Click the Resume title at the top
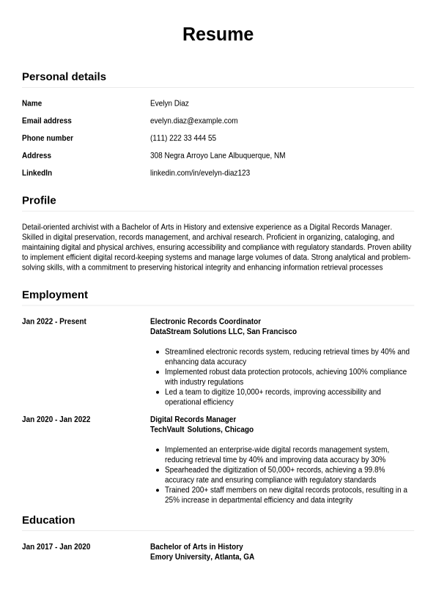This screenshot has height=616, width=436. [218, 34]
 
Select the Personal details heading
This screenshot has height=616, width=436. [64, 76]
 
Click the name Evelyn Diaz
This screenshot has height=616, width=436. [169, 103]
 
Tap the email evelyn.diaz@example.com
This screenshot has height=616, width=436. [193, 121]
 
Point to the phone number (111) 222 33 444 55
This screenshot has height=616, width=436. [183, 138]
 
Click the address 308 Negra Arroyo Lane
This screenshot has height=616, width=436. [218, 156]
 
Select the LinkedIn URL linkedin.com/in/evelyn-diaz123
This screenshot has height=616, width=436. [200, 173]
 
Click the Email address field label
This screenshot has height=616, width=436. [47, 121]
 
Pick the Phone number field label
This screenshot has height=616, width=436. [48, 138]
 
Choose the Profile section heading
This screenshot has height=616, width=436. [39, 200]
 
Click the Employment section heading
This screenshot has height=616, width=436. [55, 294]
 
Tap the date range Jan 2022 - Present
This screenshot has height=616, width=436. [54, 322]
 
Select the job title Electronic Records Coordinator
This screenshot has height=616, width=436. [205, 322]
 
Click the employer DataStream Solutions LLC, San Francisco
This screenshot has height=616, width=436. [223, 332]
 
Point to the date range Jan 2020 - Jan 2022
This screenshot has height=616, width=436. [56, 420]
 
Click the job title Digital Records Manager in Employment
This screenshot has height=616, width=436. [193, 420]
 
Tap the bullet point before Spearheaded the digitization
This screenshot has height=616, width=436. [158, 470]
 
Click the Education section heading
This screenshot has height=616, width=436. [48, 520]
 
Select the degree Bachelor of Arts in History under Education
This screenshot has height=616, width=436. [196, 547]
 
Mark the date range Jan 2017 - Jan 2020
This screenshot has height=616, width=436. [56, 547]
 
